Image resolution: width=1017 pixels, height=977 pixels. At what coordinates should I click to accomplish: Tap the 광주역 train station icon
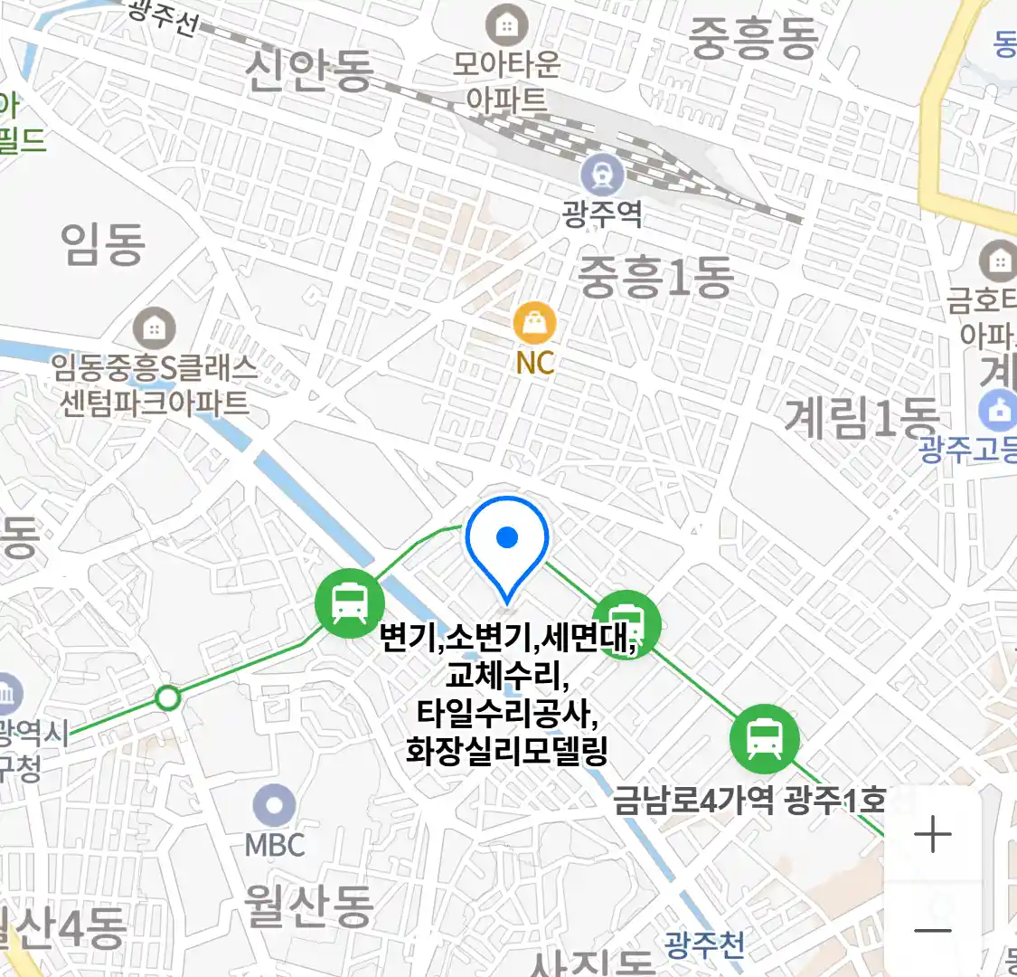point(602,174)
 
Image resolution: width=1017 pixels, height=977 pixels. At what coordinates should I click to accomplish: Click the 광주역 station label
point(602,214)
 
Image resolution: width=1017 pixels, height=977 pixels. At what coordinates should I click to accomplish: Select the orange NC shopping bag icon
point(534,323)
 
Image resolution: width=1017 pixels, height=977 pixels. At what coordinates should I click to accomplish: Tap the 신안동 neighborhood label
point(309,71)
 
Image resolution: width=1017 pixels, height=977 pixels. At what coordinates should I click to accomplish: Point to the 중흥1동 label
point(655,277)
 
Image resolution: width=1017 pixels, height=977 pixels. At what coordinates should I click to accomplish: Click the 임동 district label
point(103,244)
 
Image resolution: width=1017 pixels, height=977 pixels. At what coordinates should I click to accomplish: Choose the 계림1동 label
point(862,418)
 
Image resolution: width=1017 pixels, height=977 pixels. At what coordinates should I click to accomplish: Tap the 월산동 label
point(309,905)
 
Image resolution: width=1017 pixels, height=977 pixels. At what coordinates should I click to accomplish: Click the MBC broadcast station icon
point(274,806)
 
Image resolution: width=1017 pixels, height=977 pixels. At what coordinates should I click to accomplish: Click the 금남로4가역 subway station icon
point(765,737)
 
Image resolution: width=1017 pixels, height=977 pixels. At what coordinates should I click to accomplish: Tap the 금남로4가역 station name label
point(694,801)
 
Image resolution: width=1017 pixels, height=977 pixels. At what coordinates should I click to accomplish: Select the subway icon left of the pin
point(349,602)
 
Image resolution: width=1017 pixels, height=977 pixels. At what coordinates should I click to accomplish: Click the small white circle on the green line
point(168,697)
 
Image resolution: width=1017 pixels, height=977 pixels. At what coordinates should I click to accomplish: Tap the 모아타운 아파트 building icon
point(506,25)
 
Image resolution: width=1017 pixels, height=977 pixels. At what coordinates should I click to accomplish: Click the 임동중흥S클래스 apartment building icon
point(154,327)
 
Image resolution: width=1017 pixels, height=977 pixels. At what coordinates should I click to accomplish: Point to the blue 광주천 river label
point(704,945)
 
